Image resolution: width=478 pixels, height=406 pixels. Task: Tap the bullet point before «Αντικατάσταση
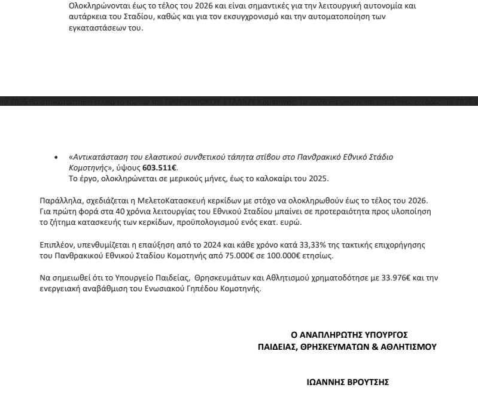pos(56,157)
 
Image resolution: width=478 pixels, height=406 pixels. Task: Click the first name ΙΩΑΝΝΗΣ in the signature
pos(324,383)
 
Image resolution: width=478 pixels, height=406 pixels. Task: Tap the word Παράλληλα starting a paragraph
pos(58,200)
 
